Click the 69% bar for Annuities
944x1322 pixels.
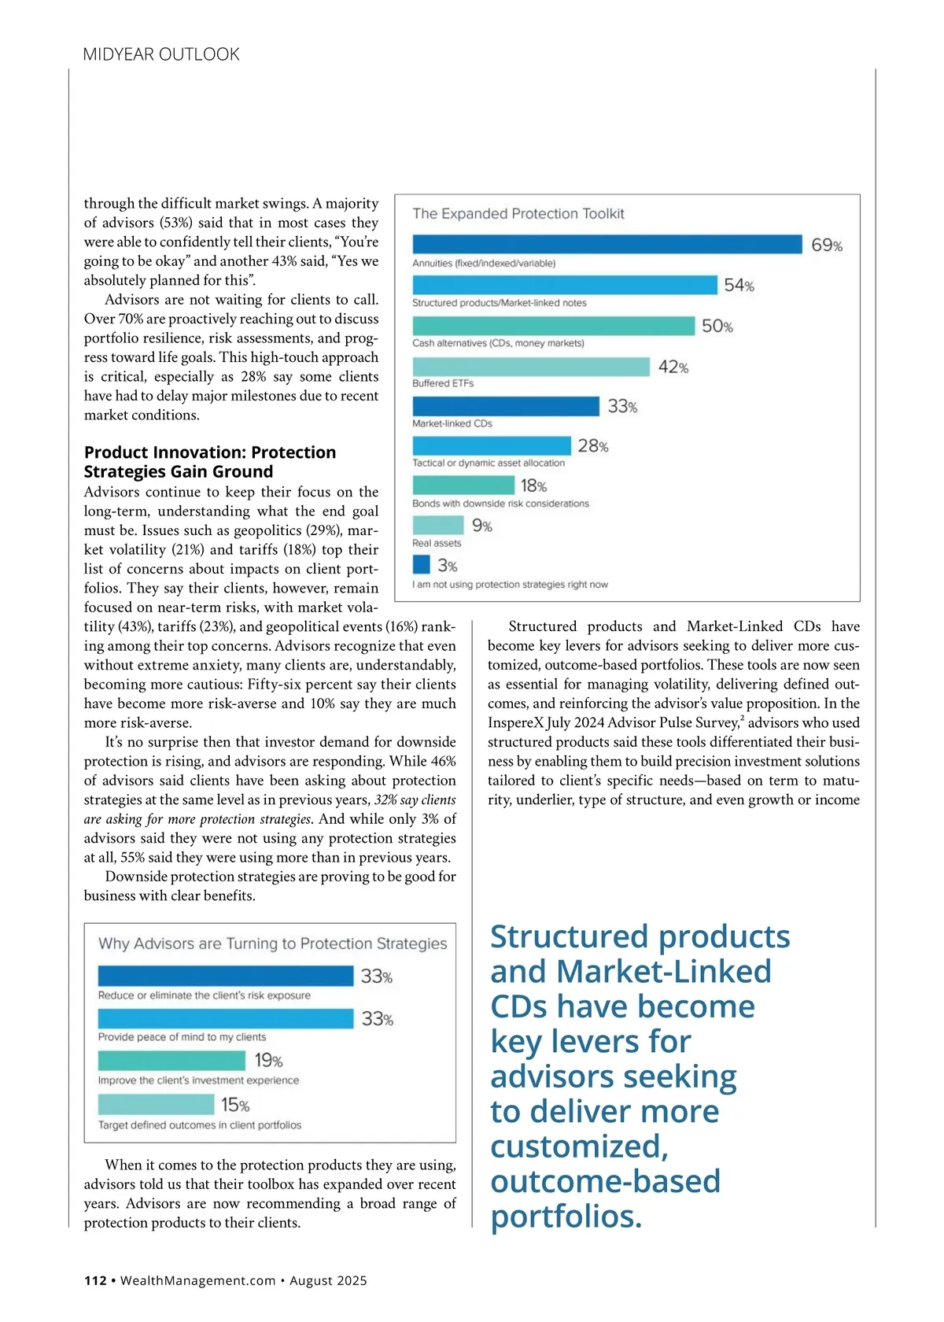click(607, 244)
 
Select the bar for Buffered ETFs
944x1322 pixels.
click(531, 367)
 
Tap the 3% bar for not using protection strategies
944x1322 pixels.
click(422, 564)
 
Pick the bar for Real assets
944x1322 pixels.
click(438, 525)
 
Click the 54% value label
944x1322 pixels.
click(739, 285)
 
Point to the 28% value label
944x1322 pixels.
click(592, 446)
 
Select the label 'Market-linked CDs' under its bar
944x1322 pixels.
click(452, 423)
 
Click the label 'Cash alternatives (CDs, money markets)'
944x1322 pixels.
click(498, 343)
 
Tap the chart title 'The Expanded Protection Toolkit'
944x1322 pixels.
click(518, 213)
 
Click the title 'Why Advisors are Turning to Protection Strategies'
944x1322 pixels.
click(272, 943)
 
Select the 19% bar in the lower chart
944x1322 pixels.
click(171, 1060)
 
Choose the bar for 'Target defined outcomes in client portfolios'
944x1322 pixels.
click(156, 1104)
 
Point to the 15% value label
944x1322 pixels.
click(235, 1105)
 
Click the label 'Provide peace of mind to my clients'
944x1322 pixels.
click(182, 1037)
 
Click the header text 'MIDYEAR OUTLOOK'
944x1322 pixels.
click(161, 54)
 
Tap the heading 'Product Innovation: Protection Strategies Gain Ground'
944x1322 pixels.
click(210, 462)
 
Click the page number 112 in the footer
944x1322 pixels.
click(95, 1280)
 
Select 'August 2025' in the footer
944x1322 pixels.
click(328, 1280)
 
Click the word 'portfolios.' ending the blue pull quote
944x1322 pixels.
click(566, 1216)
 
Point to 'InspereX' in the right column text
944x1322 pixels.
click(516, 722)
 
